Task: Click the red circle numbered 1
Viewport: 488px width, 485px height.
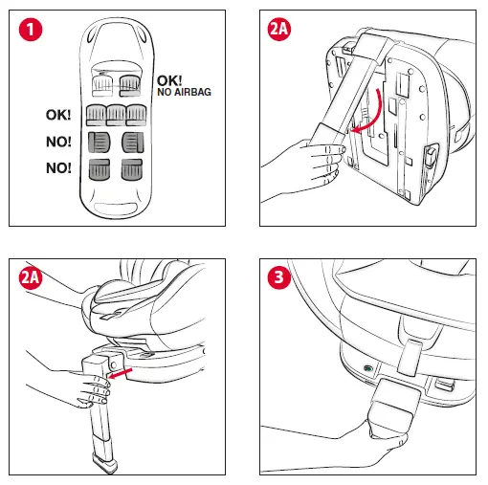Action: click(31, 30)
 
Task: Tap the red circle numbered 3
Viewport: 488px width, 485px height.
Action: click(279, 277)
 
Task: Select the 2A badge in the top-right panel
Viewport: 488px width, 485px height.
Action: click(279, 29)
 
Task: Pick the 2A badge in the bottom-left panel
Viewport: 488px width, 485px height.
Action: click(31, 277)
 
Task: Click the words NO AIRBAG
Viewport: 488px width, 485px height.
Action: click(184, 92)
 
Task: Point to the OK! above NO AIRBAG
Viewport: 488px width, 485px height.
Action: click(169, 80)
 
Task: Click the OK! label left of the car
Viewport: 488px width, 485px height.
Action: click(58, 115)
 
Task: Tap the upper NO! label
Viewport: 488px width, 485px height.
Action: click(58, 142)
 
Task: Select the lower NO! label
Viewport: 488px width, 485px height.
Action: click(58, 167)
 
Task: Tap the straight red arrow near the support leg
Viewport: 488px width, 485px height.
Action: click(121, 373)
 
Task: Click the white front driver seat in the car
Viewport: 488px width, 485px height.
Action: click(102, 85)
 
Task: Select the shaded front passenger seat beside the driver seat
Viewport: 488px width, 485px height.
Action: click(129, 85)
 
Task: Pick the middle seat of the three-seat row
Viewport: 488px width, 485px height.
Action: click(116, 115)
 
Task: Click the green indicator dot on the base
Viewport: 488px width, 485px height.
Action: click(368, 368)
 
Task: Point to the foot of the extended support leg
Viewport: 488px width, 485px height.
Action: click(104, 463)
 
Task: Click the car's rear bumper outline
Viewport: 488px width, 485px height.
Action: click(116, 209)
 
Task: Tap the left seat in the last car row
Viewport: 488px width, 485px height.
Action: click(100, 169)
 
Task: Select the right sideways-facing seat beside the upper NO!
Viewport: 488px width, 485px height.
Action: click(133, 143)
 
